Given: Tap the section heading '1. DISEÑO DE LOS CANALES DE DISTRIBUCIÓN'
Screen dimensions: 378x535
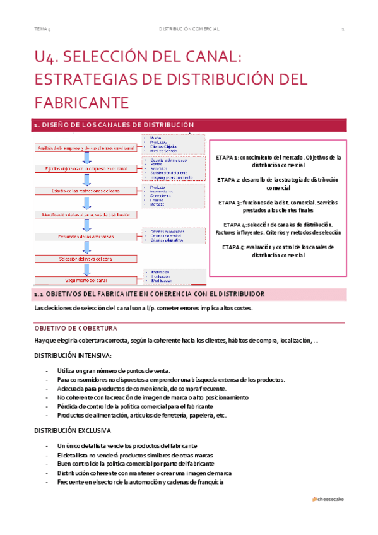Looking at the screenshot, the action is pos(114,126).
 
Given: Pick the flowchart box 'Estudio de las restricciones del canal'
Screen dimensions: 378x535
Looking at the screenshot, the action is pos(86,191).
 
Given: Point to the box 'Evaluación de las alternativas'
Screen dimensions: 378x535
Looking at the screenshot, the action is pos(86,236).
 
